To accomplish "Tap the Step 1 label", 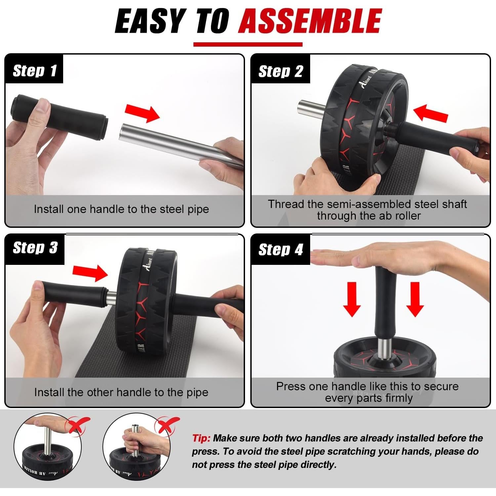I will pyautogui.click(x=34, y=71).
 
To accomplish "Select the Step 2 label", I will pyautogui.click(x=280, y=71).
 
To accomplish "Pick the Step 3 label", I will pyautogui.click(x=35, y=248).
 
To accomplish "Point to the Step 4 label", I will pyautogui.click(x=280, y=249).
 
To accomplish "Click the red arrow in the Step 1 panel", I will pyautogui.click(x=142, y=113).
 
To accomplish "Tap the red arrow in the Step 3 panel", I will pyautogui.click(x=90, y=272).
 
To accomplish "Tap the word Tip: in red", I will pyautogui.click(x=201, y=438).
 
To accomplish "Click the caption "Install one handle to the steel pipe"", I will pyautogui.click(x=121, y=209).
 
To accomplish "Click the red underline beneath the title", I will pyautogui.click(x=248, y=44).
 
